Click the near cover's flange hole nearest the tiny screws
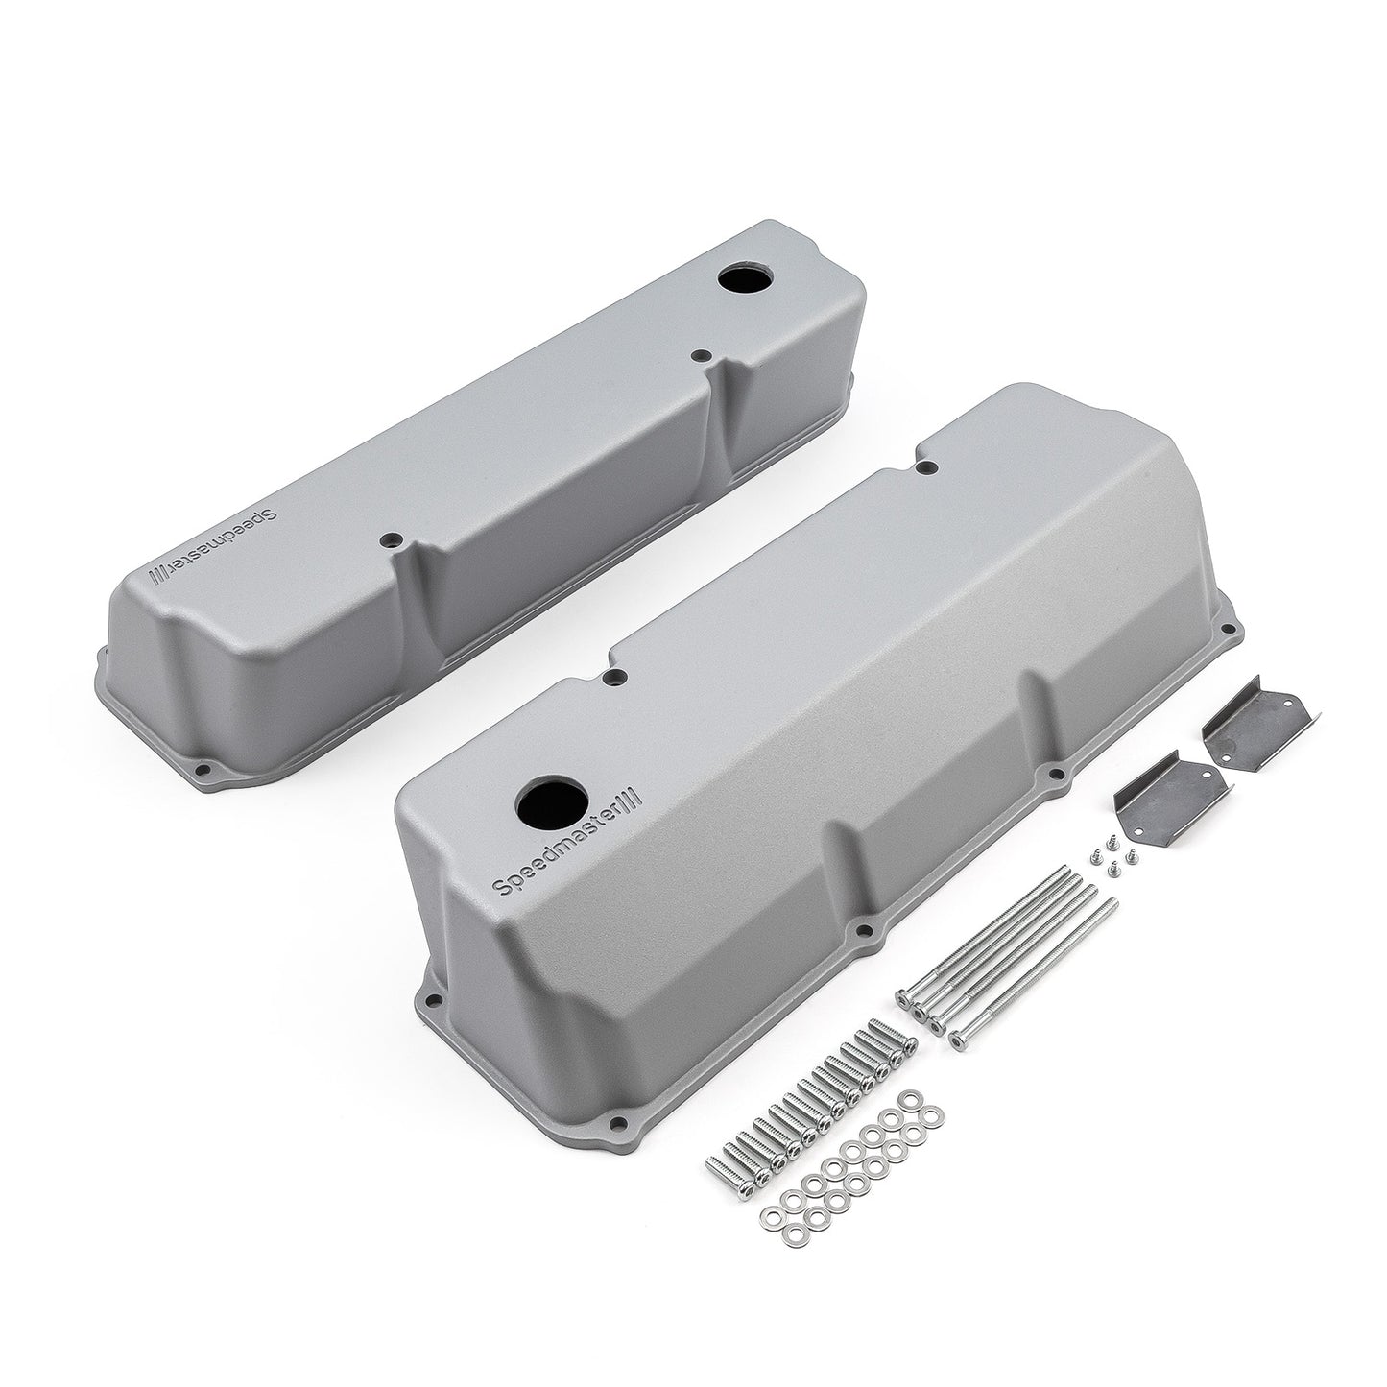[x=1057, y=771]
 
